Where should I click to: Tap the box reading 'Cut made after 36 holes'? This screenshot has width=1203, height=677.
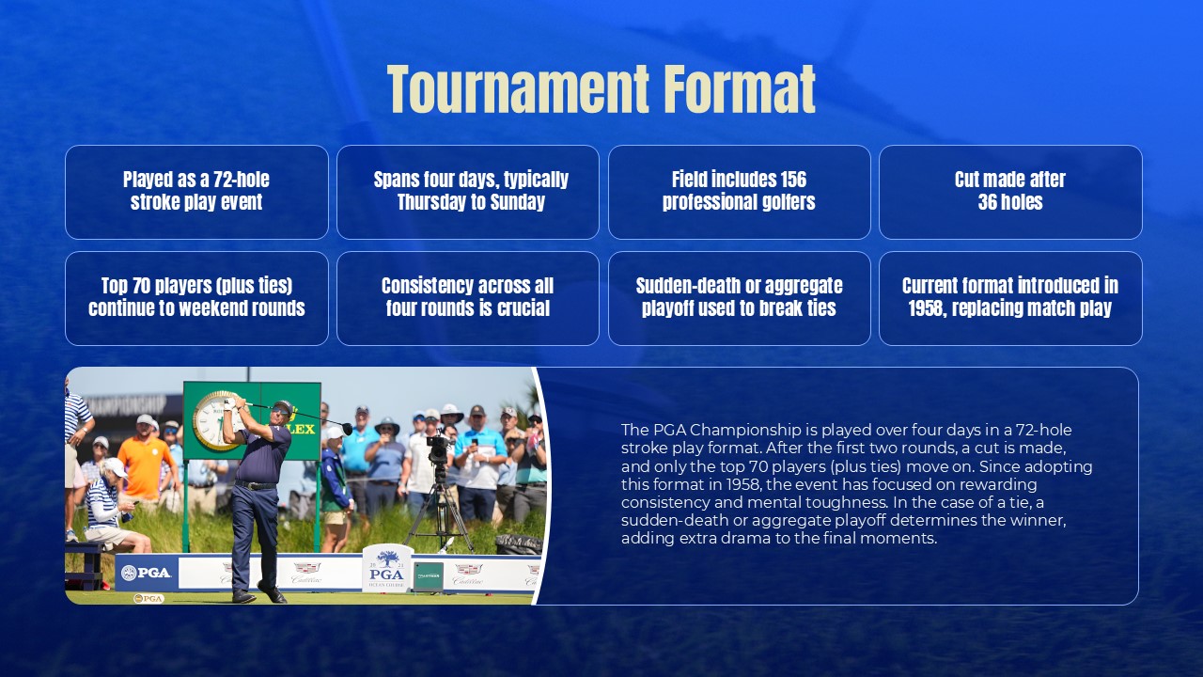click(x=1010, y=192)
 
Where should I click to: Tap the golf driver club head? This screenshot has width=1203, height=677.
click(x=347, y=429)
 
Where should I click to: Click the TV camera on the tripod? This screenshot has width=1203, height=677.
click(x=438, y=449)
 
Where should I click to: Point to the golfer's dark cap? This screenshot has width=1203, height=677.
click(x=281, y=406)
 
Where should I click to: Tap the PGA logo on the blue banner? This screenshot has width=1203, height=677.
click(x=147, y=573)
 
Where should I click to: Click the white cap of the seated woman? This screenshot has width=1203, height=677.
click(x=114, y=467)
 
